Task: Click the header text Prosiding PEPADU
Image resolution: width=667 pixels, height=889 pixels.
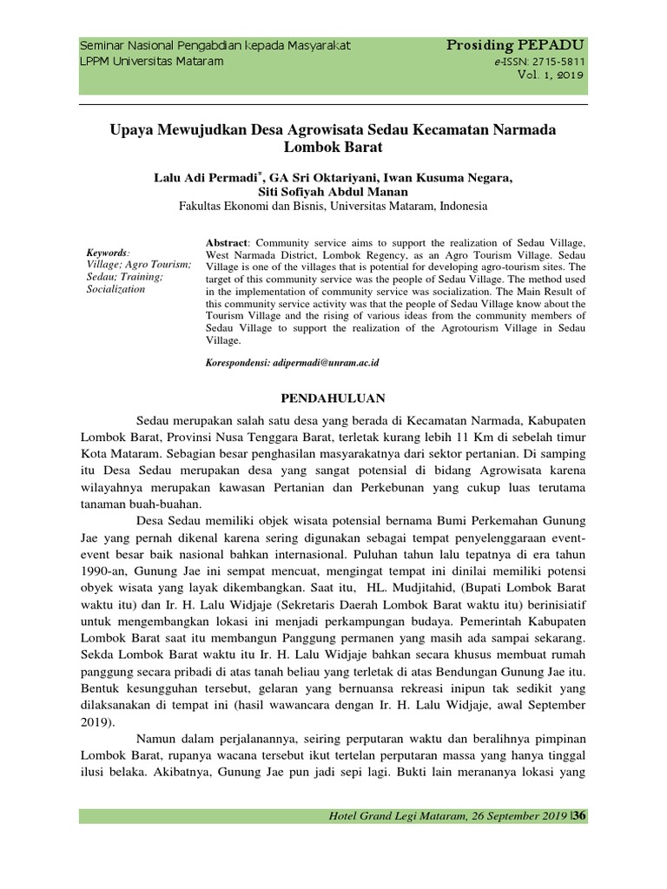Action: (x=516, y=45)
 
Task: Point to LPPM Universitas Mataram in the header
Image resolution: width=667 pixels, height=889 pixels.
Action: (x=151, y=62)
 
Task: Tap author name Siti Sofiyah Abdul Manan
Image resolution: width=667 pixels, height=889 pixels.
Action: (x=333, y=193)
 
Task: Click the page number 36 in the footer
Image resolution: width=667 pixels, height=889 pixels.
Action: (x=580, y=815)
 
